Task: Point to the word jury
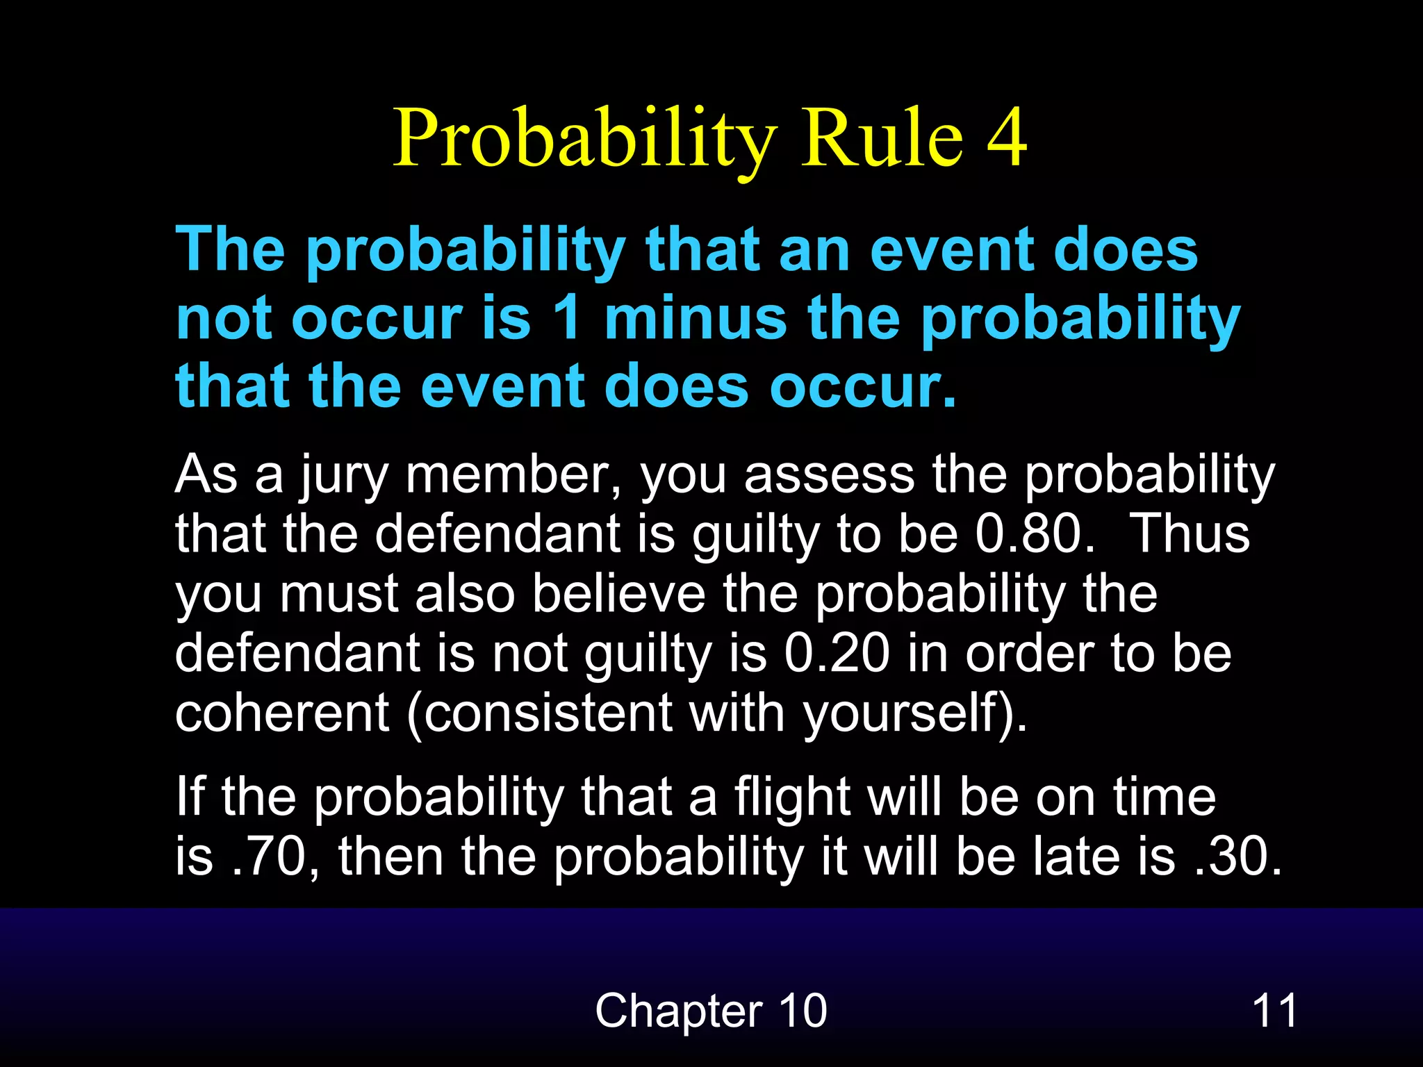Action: click(343, 477)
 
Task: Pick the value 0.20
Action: click(837, 654)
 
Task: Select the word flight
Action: click(792, 798)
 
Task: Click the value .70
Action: click(274, 857)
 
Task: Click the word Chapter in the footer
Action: click(678, 1011)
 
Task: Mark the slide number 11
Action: click(1274, 1011)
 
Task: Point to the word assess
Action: click(829, 477)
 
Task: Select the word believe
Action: click(618, 594)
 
